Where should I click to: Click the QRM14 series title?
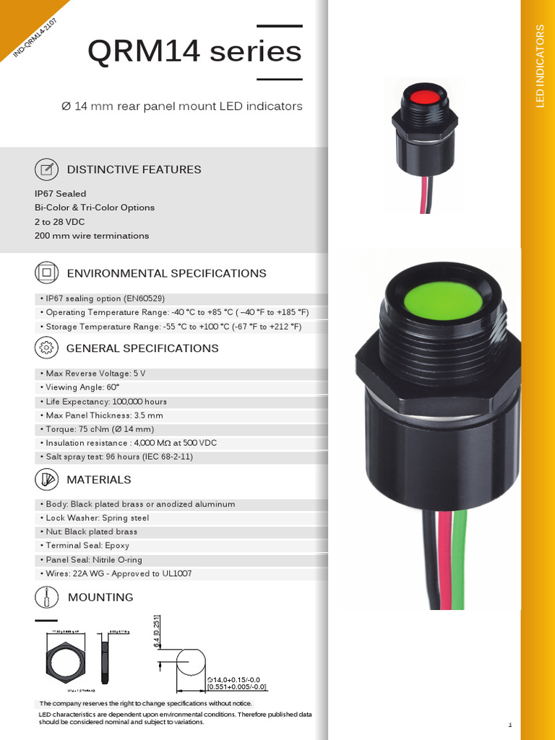194,52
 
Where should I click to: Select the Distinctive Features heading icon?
46,170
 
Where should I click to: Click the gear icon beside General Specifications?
46,348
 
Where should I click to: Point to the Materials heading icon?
46,480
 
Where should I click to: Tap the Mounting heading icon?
46,598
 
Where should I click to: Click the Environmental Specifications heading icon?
46,273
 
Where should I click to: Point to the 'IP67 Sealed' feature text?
60,194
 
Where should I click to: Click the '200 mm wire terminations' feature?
92,236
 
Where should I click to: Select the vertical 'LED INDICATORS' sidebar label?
539,66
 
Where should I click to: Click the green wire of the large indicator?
460,564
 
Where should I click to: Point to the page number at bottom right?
509,724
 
